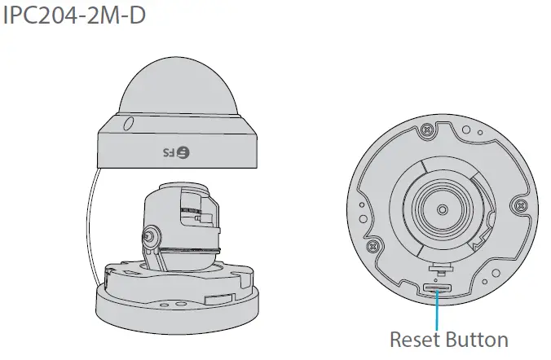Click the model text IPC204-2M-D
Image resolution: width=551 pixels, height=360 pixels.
(x=75, y=15)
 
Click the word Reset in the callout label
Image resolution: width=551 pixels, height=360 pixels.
(x=417, y=338)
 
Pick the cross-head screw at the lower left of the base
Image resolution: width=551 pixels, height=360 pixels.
(x=373, y=244)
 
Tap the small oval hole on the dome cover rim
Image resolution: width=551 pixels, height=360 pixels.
(x=128, y=125)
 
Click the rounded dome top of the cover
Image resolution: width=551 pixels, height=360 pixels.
(x=177, y=90)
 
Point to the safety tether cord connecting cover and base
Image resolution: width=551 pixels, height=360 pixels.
(x=90, y=216)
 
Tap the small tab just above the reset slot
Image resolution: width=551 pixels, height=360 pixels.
(x=439, y=265)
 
